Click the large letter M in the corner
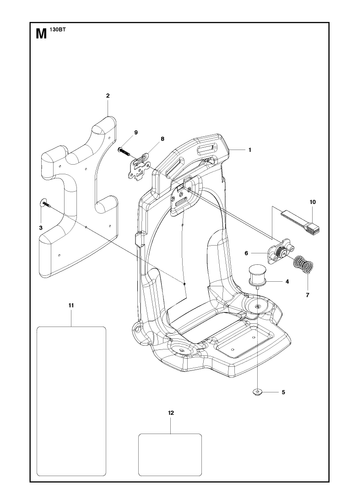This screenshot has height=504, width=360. click(41, 34)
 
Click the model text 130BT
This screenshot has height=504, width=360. click(58, 29)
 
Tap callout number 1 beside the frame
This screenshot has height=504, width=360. click(250, 150)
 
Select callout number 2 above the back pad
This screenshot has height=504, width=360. click(108, 96)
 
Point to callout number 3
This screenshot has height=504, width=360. click(41, 228)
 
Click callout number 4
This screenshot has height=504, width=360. click(287, 282)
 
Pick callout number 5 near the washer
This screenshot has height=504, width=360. click(283, 392)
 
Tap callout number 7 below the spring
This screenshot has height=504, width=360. click(307, 295)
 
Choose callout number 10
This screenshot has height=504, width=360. click(312, 202)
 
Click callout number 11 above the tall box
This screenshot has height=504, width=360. click(71, 305)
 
